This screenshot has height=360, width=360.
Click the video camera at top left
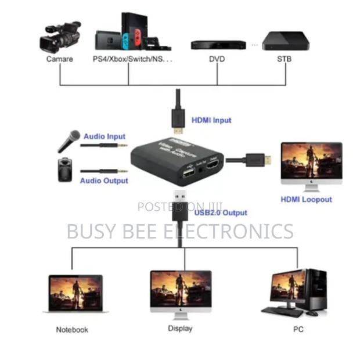point(60,37)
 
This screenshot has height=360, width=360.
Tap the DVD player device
point(218,45)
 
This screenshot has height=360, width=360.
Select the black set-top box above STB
point(285,41)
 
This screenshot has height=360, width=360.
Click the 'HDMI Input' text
point(211,120)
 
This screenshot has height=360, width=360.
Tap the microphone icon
point(69,141)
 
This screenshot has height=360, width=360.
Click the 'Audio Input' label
point(105,136)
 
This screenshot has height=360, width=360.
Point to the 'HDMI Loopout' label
point(306,199)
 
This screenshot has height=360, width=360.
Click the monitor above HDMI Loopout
point(311,165)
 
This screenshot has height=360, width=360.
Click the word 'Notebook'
point(72,330)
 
